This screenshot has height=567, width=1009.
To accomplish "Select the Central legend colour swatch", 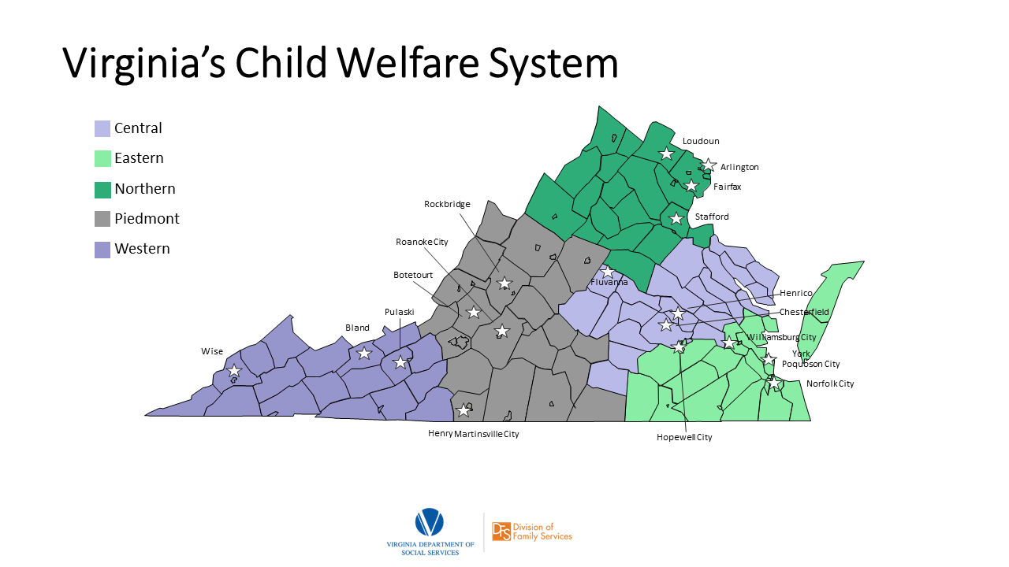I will click(102, 128).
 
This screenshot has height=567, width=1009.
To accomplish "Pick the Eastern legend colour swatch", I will click(102, 158).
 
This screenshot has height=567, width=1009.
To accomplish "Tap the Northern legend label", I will click(144, 189).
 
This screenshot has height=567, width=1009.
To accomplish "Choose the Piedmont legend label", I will click(147, 219).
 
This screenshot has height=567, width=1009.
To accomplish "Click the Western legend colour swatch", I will click(102, 250).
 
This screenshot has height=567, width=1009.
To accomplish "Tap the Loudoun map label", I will click(701, 141).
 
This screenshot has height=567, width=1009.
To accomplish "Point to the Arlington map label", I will click(739, 167).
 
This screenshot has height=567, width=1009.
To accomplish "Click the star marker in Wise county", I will click(234, 371).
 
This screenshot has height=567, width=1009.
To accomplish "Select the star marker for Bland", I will click(364, 354).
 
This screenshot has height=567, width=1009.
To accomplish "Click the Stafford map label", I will click(712, 217).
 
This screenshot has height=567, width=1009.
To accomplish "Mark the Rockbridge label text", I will click(447, 204).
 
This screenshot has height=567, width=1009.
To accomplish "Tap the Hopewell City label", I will click(684, 437).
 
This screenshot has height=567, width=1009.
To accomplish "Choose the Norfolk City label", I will click(830, 384).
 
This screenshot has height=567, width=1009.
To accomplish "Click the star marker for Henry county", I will click(464, 410).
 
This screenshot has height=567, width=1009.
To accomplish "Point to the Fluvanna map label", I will click(609, 282).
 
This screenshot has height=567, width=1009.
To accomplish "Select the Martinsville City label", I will click(486, 434).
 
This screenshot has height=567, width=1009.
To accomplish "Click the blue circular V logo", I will click(430, 522).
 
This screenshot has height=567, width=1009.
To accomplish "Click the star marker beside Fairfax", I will click(691, 186).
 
